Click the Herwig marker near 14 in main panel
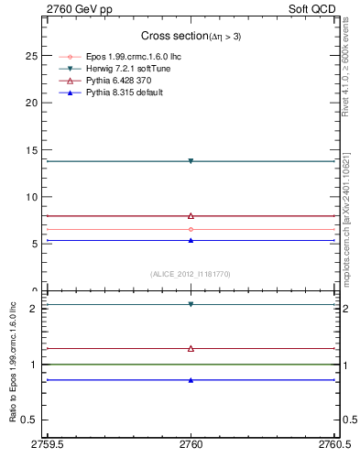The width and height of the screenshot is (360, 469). coord(191,161)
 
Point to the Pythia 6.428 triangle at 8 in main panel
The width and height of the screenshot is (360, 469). coord(191,216)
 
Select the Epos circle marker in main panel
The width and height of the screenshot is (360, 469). coord(191,229)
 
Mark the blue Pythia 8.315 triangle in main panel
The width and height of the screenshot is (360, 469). coord(191,240)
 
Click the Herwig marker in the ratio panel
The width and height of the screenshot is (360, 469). coord(191,304)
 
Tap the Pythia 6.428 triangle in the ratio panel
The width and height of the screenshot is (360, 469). coord(191,348)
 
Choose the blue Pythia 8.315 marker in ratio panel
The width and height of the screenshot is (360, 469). coord(191,379)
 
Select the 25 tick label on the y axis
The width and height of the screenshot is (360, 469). coord(31,56)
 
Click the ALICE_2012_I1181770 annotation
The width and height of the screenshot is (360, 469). coord(191,273)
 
